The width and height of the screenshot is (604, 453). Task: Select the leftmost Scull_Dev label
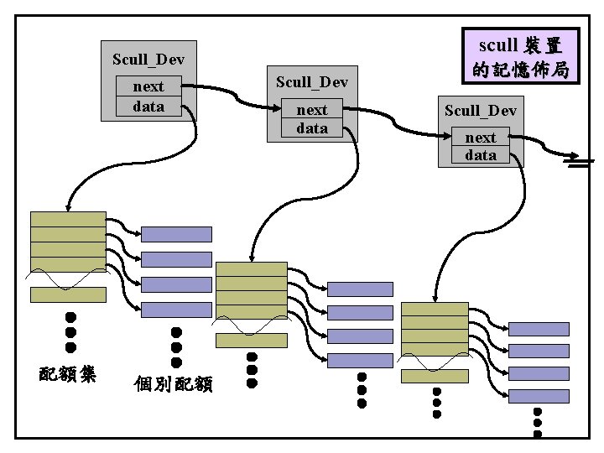(148, 60)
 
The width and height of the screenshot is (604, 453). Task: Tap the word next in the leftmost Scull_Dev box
(148, 86)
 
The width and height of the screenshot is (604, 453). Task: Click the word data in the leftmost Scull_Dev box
(148, 106)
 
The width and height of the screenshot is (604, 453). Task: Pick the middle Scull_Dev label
(312, 82)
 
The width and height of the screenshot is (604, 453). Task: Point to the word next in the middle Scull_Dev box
(312, 110)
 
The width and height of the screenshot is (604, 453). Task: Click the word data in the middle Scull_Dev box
(312, 128)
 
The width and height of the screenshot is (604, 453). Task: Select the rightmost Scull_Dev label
(481, 111)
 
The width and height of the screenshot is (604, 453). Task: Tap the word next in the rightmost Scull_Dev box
(481, 138)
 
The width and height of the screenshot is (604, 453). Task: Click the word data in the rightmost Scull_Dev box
(481, 155)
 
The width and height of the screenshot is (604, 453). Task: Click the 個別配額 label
(174, 383)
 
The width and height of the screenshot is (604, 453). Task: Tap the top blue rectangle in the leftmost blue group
(176, 234)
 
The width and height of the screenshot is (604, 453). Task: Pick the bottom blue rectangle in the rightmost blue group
(539, 396)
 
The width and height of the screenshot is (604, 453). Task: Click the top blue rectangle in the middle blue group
(359, 289)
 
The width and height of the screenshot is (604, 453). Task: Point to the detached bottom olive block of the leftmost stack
(68, 294)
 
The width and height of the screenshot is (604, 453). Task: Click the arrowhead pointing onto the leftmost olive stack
(67, 206)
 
